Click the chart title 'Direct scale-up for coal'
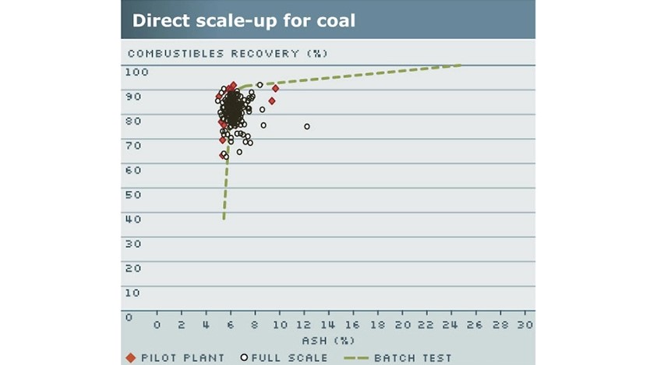(243, 20)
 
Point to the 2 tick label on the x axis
(182, 324)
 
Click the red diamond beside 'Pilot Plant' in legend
(130, 357)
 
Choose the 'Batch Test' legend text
(413, 358)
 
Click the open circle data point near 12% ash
(306, 126)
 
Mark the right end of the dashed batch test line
(461, 66)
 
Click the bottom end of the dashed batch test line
(224, 219)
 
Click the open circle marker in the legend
(244, 357)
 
